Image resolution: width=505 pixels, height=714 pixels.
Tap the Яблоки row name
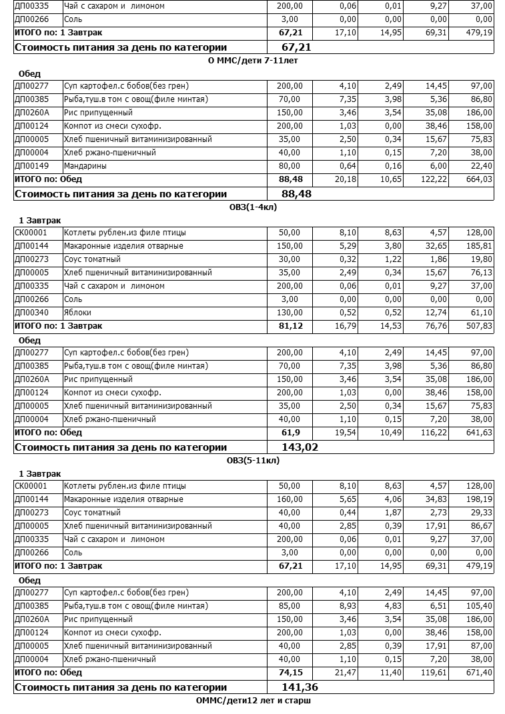point(77,313)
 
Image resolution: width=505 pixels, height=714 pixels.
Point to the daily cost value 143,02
point(300,447)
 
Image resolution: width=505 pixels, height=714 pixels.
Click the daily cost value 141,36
point(300,687)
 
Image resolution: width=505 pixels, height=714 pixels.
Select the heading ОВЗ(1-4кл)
point(252,207)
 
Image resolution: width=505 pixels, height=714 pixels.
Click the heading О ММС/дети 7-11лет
point(253,60)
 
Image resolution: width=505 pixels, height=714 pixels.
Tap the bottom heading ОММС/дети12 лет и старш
point(254,701)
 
